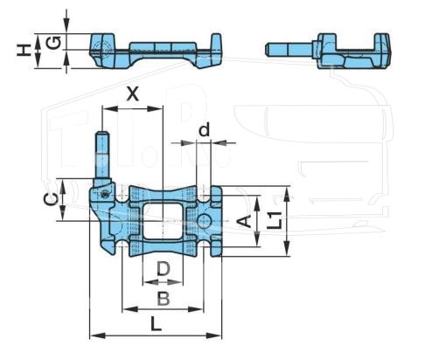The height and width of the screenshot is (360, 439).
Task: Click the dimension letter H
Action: pos(23,50)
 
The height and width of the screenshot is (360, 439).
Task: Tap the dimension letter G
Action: pos(53,43)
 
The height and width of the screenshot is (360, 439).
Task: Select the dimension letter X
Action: pos(133,93)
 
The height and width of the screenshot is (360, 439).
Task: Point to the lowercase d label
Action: pos(205,130)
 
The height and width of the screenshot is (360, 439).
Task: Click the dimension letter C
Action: pos(51,200)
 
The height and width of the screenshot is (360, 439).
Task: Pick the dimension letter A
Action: pos(244,221)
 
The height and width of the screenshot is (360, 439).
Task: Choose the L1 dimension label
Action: pos(275,220)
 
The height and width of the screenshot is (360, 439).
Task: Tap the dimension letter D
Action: pos(164,269)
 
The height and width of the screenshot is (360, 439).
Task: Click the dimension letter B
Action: pos(164,299)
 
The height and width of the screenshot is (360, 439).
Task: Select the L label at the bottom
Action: pos(156,323)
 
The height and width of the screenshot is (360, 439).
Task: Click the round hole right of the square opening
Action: pos(205,221)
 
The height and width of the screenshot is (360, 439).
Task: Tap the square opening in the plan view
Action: pos(163,221)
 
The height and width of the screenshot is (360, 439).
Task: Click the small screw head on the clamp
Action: pos(104,194)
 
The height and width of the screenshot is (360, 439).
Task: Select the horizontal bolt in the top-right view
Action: pos(291,50)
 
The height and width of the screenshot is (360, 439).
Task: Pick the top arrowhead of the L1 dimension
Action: pos(287,194)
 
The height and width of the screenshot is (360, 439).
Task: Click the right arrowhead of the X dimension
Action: pos(155,109)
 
